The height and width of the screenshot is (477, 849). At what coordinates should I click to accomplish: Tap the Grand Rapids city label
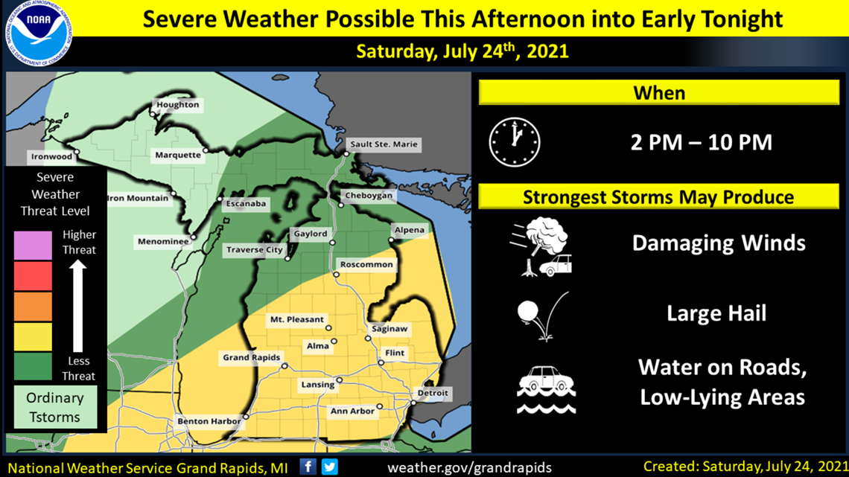251,358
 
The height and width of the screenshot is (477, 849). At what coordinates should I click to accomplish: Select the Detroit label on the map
433,393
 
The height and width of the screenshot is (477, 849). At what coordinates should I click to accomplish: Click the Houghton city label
177,105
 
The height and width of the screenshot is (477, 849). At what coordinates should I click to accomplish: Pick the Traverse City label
254,250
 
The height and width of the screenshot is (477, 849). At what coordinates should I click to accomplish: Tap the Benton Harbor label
209,422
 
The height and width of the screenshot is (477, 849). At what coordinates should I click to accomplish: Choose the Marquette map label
178,156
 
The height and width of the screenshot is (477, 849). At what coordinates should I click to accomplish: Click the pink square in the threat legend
33,245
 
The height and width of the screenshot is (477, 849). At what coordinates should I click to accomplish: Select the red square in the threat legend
33,275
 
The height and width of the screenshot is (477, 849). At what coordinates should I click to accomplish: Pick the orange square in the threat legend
33,306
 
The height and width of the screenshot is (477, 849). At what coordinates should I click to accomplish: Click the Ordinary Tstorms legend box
55,407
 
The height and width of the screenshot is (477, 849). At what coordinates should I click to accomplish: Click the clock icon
514,141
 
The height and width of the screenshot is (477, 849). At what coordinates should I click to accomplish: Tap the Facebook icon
308,467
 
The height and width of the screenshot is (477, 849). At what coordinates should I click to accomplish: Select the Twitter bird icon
329,467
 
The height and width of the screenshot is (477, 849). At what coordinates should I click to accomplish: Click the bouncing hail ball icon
536,316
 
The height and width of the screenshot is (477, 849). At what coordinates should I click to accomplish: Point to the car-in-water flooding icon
546,388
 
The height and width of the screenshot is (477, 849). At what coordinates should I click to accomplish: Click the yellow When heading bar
659,93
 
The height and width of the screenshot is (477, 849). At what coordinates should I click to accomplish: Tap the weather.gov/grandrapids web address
469,467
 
